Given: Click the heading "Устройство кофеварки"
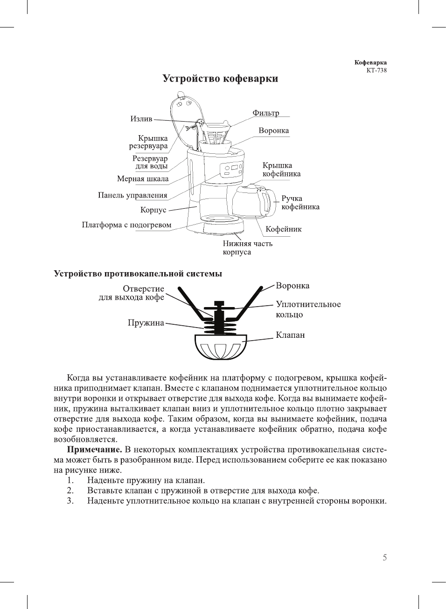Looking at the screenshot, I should coord(220,78).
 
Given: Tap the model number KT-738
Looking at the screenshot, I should coord(376,71).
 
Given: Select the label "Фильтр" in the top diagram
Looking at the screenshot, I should coord(265,113).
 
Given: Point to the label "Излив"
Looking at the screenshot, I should coord(141,119).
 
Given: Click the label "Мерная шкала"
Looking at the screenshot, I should coord(143,178).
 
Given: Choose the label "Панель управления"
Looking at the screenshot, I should coord(132,195).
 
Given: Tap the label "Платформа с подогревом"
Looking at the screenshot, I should coord(126,225).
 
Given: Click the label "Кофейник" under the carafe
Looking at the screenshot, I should coord(283,229).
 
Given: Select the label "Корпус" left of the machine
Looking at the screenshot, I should coord(153,210).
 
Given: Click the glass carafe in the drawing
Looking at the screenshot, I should coord(250,201).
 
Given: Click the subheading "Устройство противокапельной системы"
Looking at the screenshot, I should coord(138,274).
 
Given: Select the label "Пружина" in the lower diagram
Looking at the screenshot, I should coord(146,322).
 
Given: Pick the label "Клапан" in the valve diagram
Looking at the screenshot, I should coord(290,335).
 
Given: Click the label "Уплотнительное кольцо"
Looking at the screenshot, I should coord(308,309).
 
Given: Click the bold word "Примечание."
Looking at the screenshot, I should coord(94,450).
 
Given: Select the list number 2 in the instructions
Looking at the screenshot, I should coord(70,490).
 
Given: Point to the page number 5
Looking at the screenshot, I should coord(384,557).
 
